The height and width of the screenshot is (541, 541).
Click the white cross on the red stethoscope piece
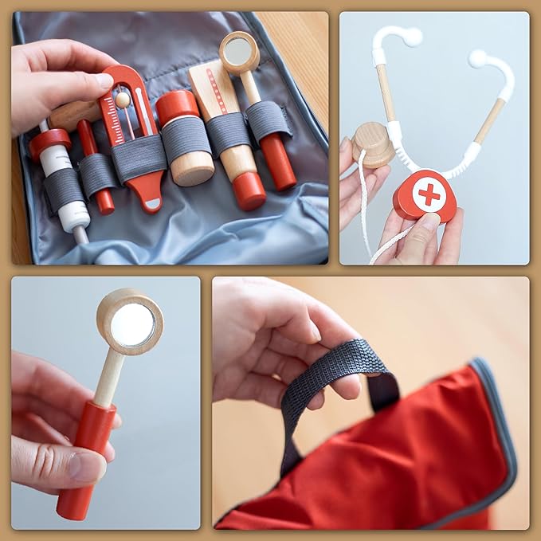(428, 194)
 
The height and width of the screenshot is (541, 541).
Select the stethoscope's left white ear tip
(411, 36)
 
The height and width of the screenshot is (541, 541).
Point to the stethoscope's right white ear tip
(478, 57)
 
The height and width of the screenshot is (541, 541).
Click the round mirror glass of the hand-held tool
(131, 324)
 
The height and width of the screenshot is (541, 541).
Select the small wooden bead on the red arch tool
(123, 99)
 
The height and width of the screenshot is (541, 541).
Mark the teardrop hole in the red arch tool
(149, 204)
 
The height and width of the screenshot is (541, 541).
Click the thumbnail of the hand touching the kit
(103, 80)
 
